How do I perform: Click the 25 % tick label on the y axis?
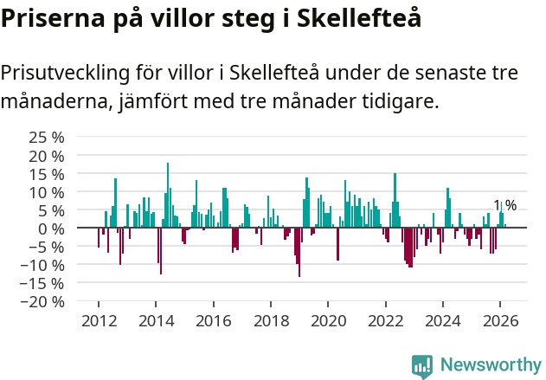click(47, 137)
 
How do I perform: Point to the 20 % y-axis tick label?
click(47, 155)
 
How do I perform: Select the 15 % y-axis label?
click(47, 173)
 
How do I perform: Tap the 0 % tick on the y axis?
click(54, 228)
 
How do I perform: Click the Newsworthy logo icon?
click(422, 365)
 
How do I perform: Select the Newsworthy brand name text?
click(490, 365)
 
